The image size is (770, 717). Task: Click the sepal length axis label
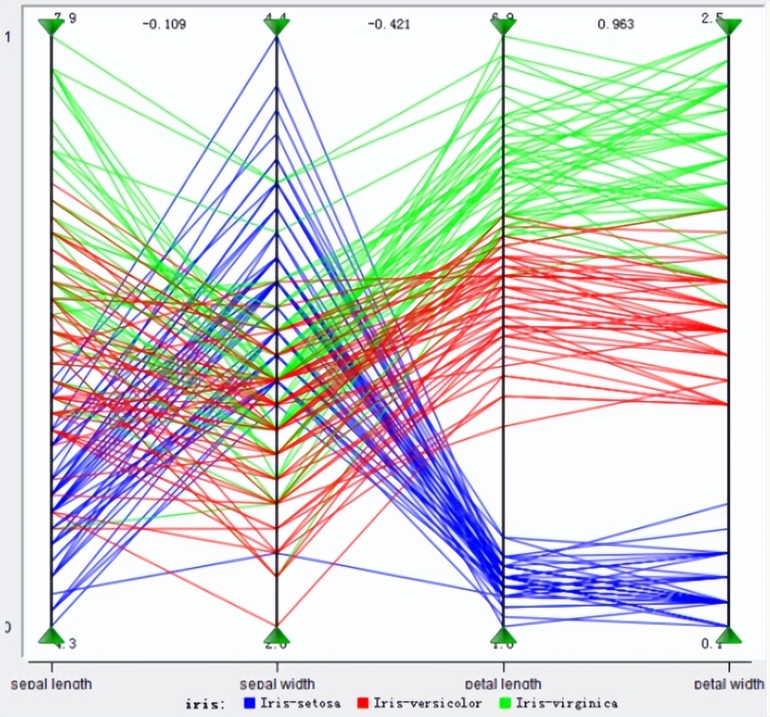tap(52, 683)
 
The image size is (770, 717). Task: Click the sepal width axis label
tap(277, 683)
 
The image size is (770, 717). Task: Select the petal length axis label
tap(503, 683)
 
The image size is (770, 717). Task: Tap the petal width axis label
tap(729, 683)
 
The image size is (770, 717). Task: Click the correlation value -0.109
tap(164, 25)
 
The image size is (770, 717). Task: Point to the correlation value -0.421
tap(388, 25)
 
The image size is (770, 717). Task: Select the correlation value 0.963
tap(615, 25)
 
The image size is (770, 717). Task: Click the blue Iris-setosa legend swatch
tap(250, 702)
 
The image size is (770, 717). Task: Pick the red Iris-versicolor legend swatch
tap(363, 702)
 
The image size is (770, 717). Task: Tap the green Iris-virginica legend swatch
tap(505, 702)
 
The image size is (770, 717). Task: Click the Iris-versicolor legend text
tap(427, 703)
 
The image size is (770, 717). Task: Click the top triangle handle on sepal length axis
tap(52, 26)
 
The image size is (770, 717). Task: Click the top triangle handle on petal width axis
tap(729, 26)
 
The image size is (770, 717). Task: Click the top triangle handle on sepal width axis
tap(277, 26)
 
